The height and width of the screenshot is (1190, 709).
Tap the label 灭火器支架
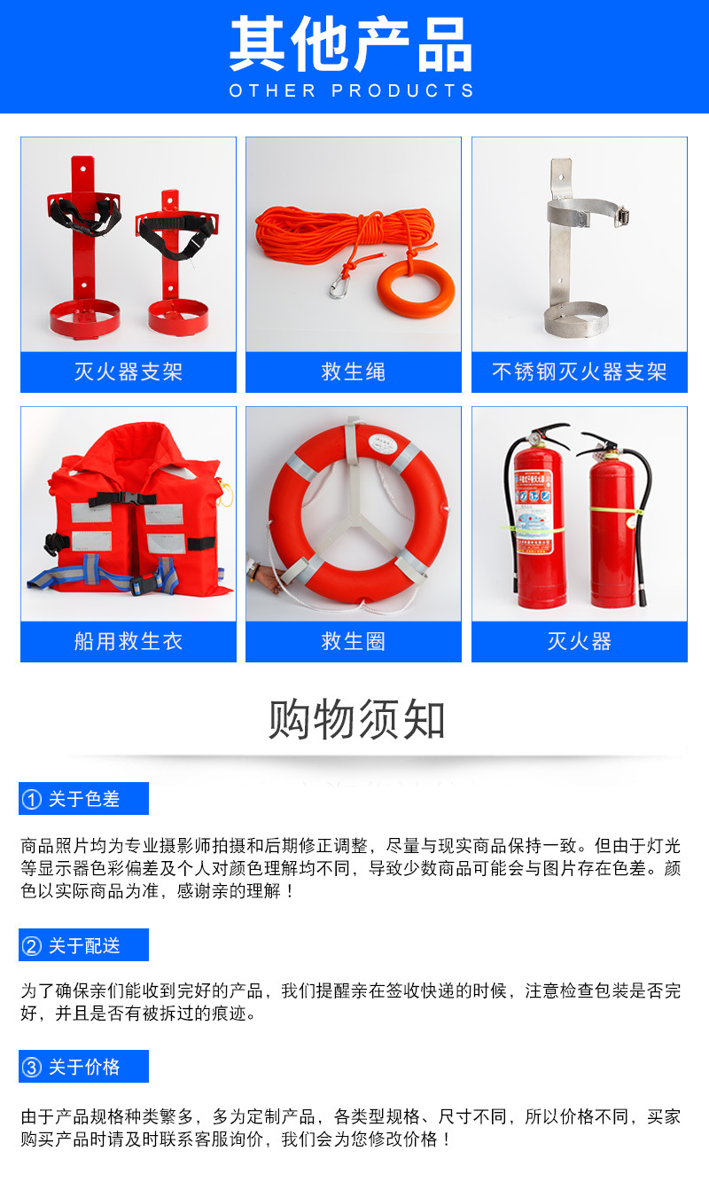click(x=129, y=372)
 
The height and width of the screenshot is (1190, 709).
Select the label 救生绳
click(x=354, y=372)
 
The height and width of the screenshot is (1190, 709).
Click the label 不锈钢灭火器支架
click(x=579, y=372)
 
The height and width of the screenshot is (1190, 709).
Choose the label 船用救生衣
click(x=129, y=641)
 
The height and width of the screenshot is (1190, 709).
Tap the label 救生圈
click(x=354, y=641)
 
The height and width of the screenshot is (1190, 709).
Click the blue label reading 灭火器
click(x=579, y=641)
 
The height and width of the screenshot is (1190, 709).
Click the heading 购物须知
click(x=356, y=718)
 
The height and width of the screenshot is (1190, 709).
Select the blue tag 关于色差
click(x=83, y=799)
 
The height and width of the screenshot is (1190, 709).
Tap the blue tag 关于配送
click(x=83, y=945)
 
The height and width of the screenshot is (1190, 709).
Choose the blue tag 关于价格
click(x=83, y=1067)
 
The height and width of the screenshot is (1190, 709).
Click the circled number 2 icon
click(x=32, y=946)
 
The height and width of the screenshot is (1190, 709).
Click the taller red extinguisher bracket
click(x=83, y=248)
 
